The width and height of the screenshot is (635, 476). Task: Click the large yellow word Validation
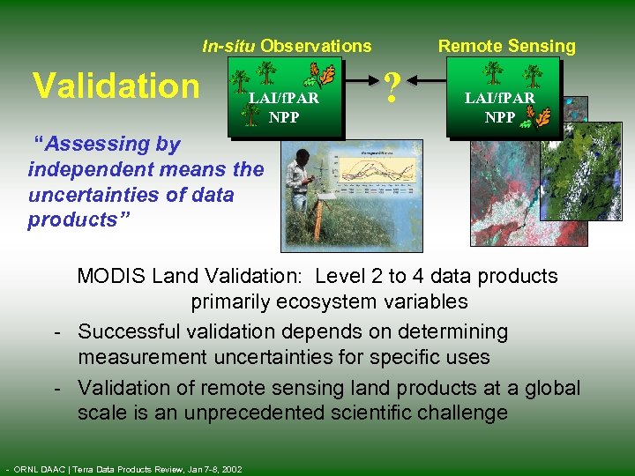[116, 86]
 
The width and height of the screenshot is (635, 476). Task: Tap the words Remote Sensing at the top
[506, 46]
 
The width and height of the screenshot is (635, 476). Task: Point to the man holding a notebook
[306, 190]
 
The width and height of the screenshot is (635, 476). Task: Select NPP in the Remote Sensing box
[499, 116]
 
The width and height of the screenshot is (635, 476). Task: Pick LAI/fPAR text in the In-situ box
[283, 99]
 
